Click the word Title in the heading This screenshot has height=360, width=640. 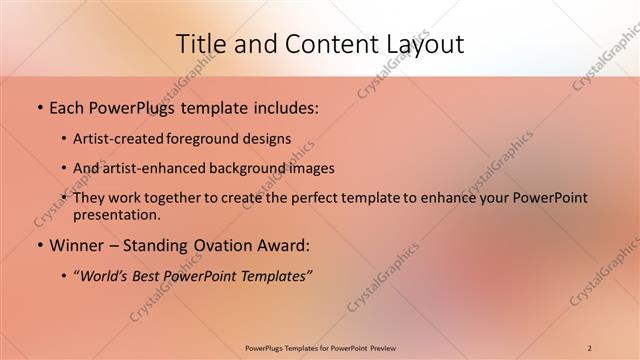pyautogui.click(x=200, y=43)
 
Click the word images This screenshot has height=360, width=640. pyautogui.click(x=310, y=168)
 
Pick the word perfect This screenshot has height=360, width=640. pyautogui.click(x=319, y=198)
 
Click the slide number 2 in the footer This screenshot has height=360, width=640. pyautogui.click(x=589, y=347)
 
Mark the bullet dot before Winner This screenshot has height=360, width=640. pyautogui.click(x=39, y=245)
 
